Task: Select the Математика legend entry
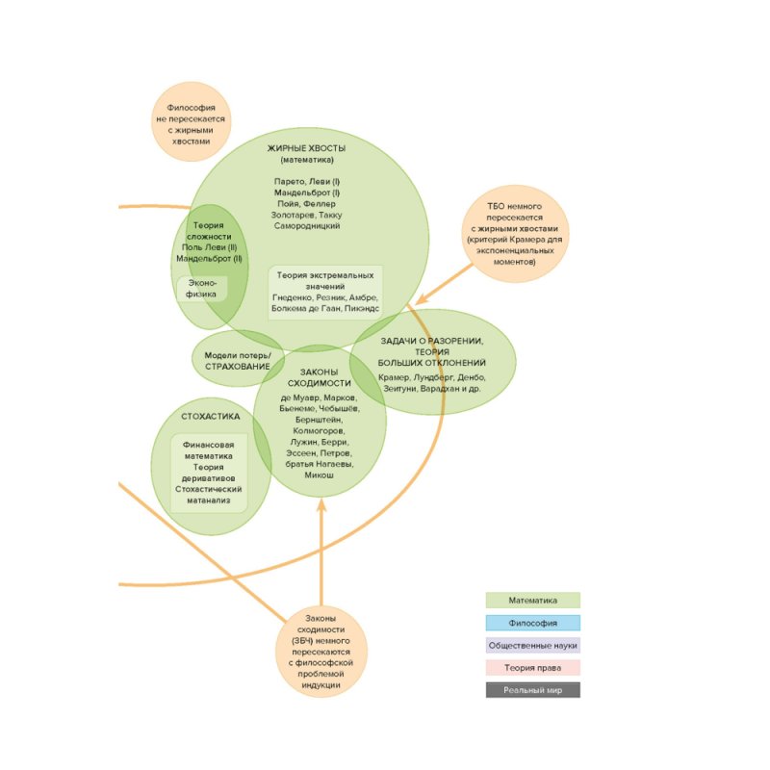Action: (532, 601)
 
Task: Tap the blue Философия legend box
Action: (532, 623)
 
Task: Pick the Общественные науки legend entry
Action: (532, 645)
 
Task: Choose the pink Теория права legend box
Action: (532, 667)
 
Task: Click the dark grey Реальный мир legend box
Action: (532, 689)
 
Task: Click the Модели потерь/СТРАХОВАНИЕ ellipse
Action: (238, 361)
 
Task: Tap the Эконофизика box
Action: (201, 289)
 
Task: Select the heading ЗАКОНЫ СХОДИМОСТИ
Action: (320, 377)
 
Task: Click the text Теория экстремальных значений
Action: (325, 281)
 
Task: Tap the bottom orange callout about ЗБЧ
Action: (321, 652)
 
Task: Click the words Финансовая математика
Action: (209, 450)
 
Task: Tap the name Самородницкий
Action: (306, 225)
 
